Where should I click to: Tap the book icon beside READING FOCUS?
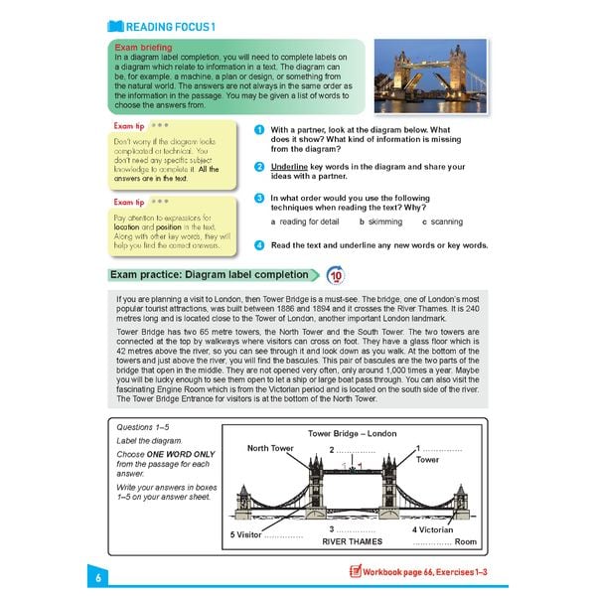115,26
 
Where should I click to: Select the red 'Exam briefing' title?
143,47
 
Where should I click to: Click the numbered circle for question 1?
258,130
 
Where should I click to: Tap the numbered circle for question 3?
258,199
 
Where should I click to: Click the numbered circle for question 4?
258,244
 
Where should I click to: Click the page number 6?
99,578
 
